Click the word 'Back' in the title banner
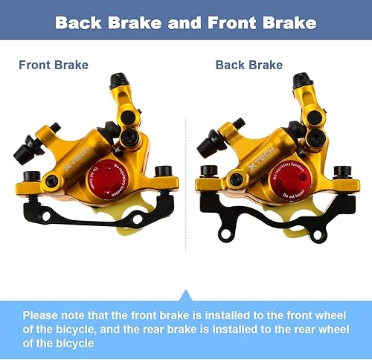pyautogui.click(x=84, y=23)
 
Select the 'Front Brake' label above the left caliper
pyautogui.click(x=54, y=65)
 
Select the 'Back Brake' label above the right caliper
pyautogui.click(x=248, y=65)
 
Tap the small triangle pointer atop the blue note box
pyautogui.click(x=186, y=296)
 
